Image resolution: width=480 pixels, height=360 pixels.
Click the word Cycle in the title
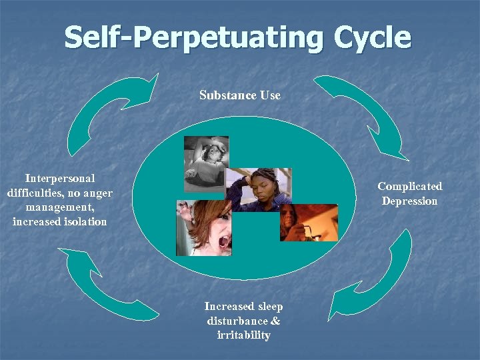tap(365, 38)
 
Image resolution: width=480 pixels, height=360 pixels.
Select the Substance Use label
tap(240, 95)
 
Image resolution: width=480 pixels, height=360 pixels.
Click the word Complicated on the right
tap(409, 187)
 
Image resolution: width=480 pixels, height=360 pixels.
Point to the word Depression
tap(409, 201)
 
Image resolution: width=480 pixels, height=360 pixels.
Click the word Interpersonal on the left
tap(60, 179)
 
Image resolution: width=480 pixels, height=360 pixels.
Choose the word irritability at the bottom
tap(243, 335)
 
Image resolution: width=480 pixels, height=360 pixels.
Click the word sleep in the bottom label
tap(269, 307)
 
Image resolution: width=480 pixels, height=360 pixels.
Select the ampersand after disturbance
tap(275, 321)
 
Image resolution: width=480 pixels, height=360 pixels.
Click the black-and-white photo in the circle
tap(206, 163)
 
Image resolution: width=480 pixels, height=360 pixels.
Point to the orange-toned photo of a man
tap(309, 222)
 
